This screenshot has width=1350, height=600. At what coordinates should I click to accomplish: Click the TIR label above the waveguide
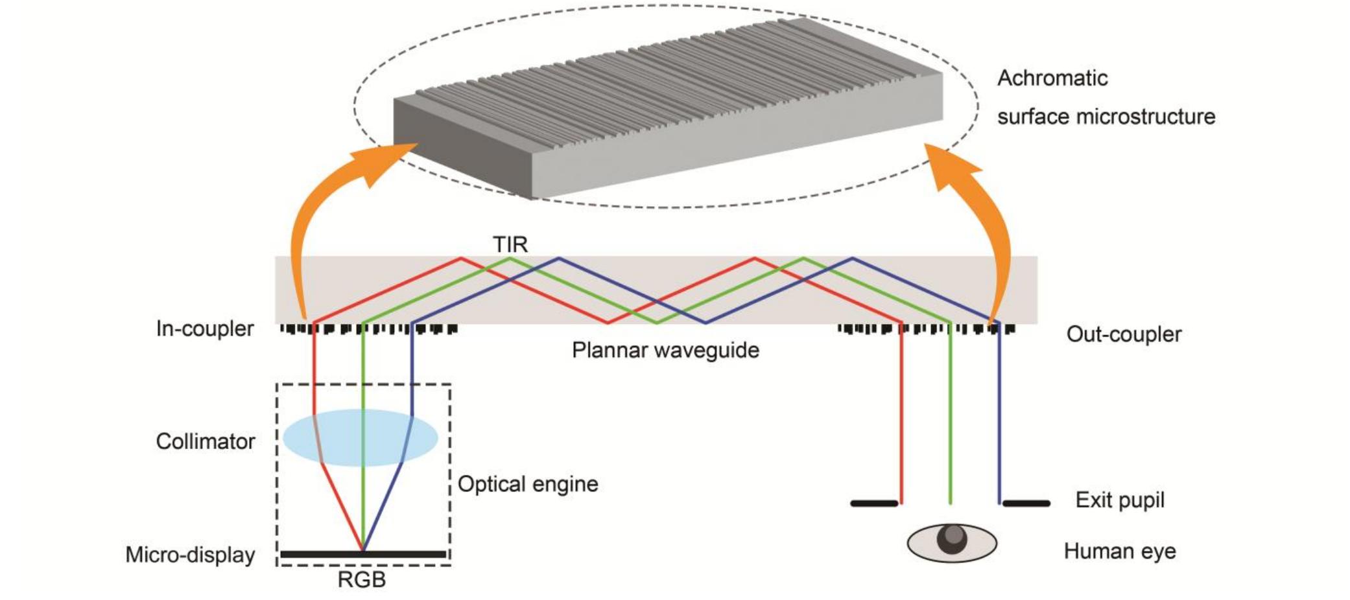tap(510, 244)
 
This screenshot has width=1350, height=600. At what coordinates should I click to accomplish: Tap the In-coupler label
tap(205, 329)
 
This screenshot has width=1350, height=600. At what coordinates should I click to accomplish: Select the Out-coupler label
tap(1124, 334)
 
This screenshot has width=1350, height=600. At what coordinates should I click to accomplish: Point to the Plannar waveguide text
tap(665, 350)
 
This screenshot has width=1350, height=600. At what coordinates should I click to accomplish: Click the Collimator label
tap(206, 441)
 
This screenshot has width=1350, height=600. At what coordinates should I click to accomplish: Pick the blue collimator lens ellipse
tap(361, 437)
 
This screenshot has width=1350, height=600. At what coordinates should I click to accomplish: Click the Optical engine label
tap(528, 484)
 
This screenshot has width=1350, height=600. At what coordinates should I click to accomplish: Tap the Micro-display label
tap(190, 555)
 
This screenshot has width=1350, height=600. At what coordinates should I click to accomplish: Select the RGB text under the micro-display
tap(362, 579)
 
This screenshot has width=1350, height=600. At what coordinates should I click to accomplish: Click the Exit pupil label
tap(1120, 500)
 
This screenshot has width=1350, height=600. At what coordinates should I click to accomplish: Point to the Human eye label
tap(1120, 551)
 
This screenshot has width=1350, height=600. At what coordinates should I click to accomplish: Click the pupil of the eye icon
tap(952, 540)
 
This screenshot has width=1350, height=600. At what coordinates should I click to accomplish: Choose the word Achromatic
tap(1052, 78)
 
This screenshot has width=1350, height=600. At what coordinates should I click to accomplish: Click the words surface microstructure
tap(1106, 117)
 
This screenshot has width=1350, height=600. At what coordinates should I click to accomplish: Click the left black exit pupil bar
tap(874, 503)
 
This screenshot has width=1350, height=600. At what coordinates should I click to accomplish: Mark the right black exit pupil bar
tap(1026, 503)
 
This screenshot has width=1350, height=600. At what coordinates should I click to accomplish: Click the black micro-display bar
tap(363, 554)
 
